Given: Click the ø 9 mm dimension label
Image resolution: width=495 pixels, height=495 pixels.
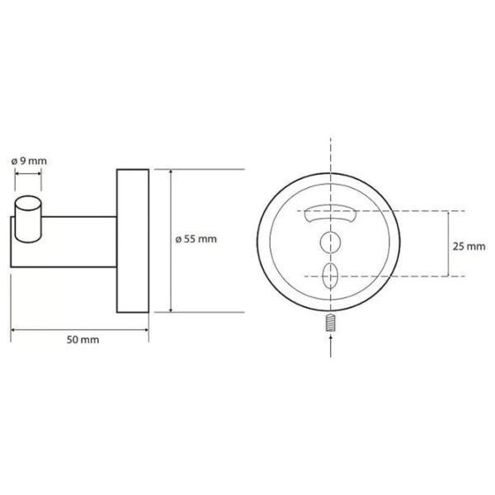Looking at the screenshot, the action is pos(29,161).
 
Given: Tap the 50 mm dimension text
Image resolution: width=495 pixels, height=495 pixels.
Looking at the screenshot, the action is pos(82,340).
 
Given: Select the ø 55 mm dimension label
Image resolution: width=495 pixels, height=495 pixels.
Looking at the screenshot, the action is pos(196,239).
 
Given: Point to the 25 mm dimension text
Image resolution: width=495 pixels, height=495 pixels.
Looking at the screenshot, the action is pos(469,246).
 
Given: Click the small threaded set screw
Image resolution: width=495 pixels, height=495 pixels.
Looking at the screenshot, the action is pos(330,323).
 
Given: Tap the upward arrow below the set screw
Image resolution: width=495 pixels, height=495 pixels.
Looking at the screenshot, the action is pos(331,346).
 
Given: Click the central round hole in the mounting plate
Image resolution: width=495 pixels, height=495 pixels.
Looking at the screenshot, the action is pos(330,243).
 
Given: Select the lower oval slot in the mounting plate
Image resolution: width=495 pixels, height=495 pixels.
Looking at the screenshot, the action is pos(330,276).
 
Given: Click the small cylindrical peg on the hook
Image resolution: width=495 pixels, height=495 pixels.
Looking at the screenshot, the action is pos(28,219).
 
